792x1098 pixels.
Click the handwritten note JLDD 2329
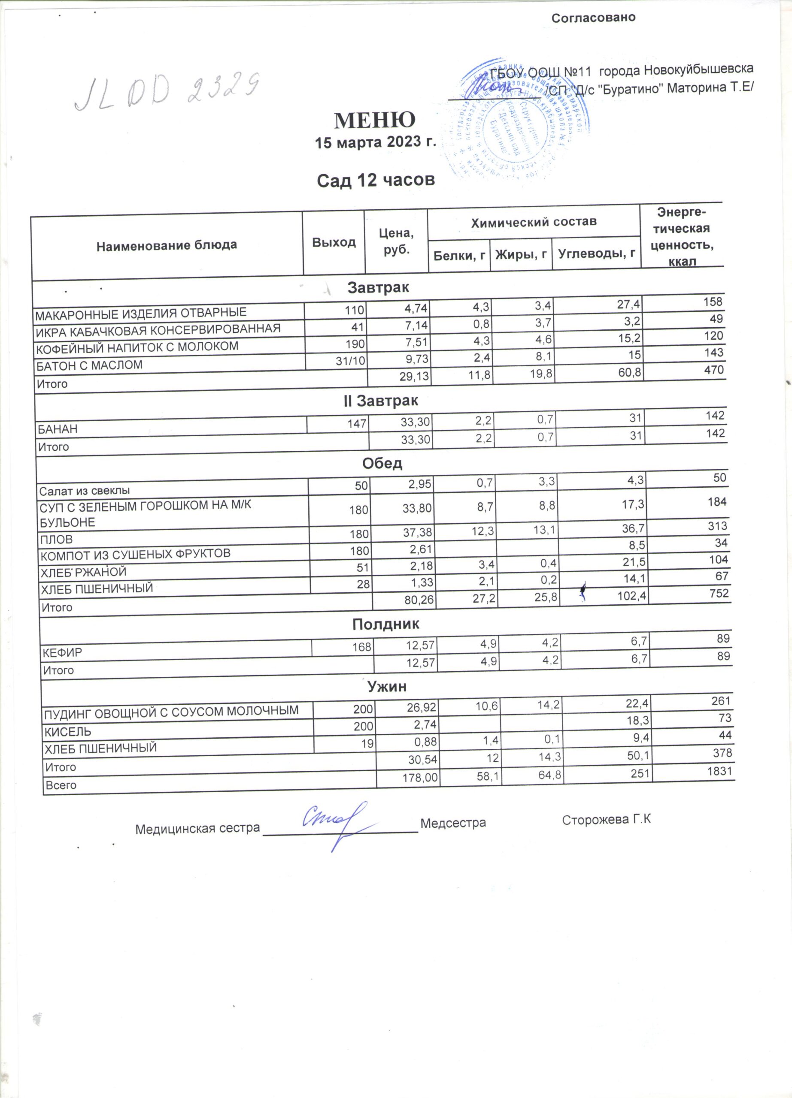[167, 91]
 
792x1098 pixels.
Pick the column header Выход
[334, 242]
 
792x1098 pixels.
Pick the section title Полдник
[385, 624]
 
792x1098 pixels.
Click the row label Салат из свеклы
[84, 490]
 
